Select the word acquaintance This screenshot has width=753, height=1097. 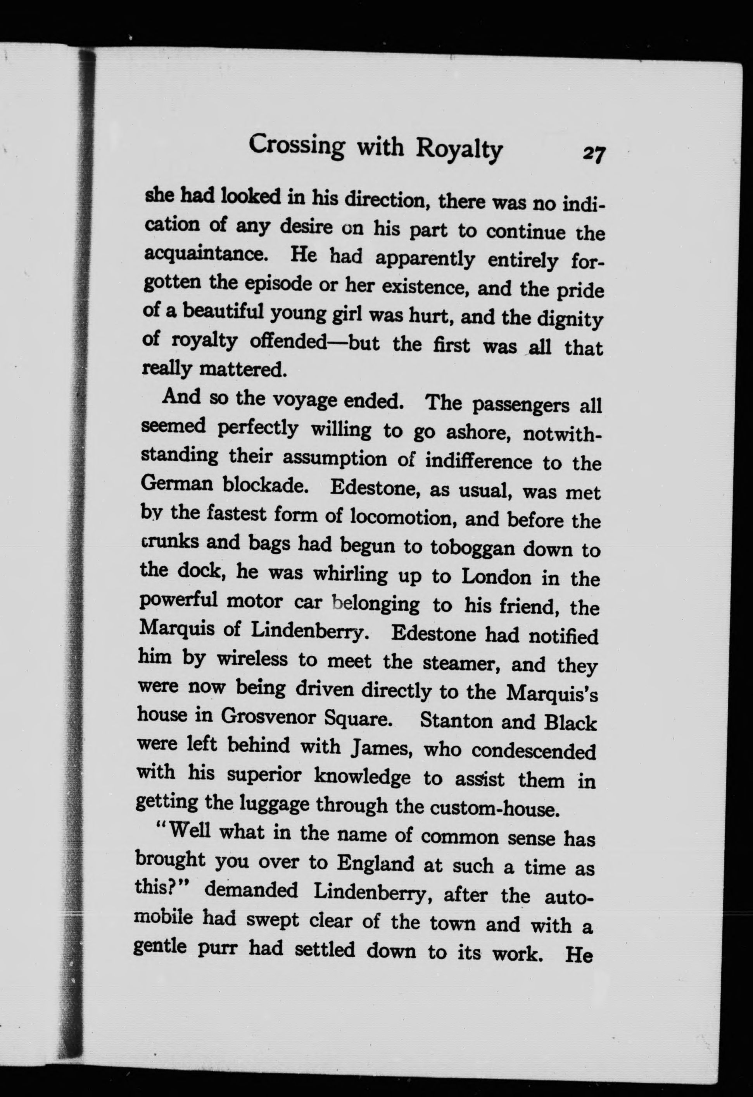(206, 254)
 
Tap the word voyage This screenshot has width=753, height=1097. (308, 400)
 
